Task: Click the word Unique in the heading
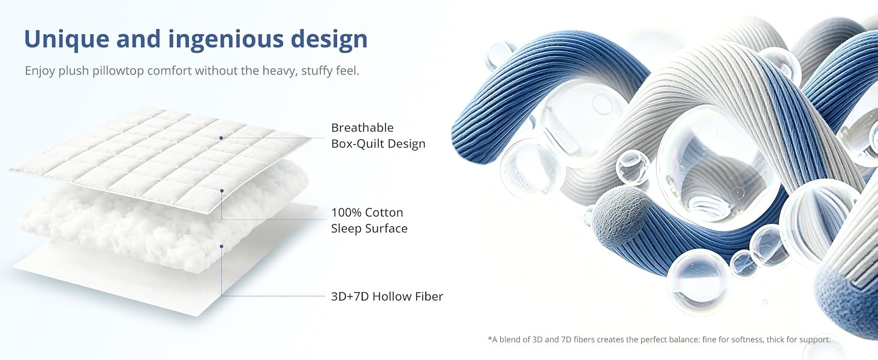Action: pyautogui.click(x=66, y=39)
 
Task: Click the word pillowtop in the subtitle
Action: pyautogui.click(x=118, y=71)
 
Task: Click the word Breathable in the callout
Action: pyautogui.click(x=362, y=127)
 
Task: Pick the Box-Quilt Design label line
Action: pyautogui.click(x=378, y=143)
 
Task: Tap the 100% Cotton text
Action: pyautogui.click(x=367, y=212)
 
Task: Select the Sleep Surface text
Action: pyautogui.click(x=369, y=228)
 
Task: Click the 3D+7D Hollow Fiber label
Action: pyautogui.click(x=387, y=296)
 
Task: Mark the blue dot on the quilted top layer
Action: pyautogui.click(x=221, y=138)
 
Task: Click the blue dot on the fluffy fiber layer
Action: pyautogui.click(x=221, y=246)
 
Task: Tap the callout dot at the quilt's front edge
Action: pyautogui.click(x=222, y=191)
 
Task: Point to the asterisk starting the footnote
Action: pyautogui.click(x=489, y=338)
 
